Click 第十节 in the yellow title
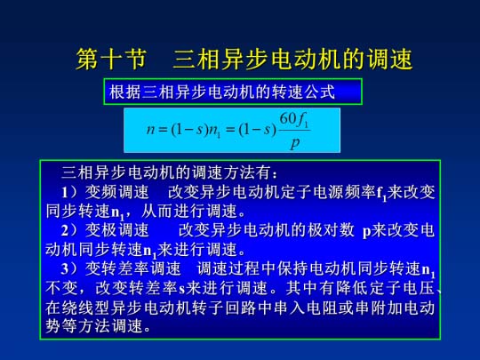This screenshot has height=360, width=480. pos(111,60)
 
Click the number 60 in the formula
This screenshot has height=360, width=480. pos(288,118)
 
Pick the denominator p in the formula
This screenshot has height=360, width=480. pos(294,142)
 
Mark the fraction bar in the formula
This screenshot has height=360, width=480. pos(295,131)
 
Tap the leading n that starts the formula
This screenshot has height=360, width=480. pos(150,130)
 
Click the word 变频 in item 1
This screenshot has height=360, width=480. pos(101,192)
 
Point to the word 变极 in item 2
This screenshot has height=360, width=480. pos(101,230)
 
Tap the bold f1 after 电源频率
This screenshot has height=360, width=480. pos(381,194)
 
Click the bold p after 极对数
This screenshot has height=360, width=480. pos(367,232)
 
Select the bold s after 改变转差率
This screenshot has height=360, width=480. pos(182,289)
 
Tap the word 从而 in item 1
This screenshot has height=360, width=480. pos(157,212)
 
